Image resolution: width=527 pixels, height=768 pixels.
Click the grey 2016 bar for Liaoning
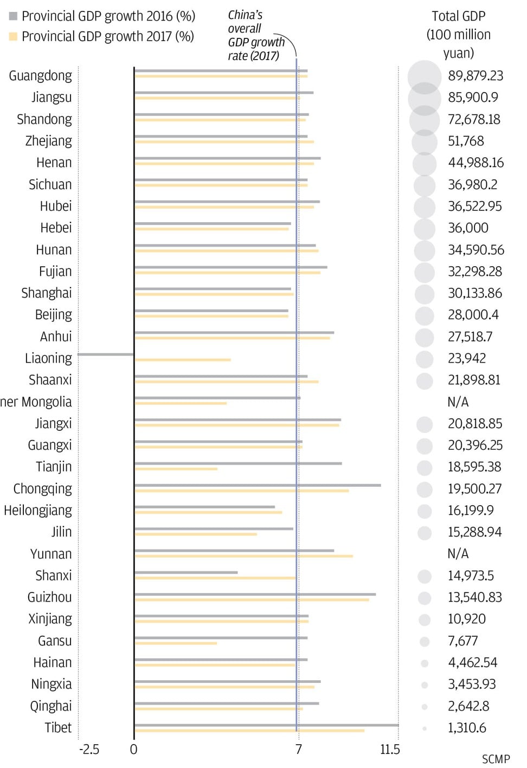click(x=106, y=354)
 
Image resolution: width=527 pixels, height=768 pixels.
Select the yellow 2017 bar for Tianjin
click(x=176, y=469)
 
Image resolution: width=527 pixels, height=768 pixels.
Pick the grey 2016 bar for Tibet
click(x=266, y=725)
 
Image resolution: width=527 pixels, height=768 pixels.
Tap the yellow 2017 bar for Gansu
click(x=176, y=643)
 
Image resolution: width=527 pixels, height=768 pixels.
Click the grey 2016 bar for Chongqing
click(x=258, y=485)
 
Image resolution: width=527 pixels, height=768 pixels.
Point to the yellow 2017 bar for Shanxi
click(x=215, y=578)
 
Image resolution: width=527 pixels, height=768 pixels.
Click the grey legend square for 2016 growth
click(x=14, y=16)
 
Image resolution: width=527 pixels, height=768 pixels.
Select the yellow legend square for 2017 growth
click(x=14, y=37)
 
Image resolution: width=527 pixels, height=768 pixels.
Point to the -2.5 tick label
click(x=89, y=750)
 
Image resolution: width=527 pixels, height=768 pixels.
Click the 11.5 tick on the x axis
click(x=390, y=750)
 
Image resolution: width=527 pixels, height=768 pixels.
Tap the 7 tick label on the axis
click(x=298, y=750)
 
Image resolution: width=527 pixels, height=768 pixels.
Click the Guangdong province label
click(x=41, y=76)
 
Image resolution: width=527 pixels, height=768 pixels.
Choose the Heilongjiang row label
click(x=38, y=511)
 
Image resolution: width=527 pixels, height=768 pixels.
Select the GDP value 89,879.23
click(x=475, y=76)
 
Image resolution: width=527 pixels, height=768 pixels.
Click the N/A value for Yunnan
click(x=458, y=554)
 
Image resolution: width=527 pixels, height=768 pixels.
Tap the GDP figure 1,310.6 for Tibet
click(x=467, y=728)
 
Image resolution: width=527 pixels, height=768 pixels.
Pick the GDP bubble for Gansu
click(x=425, y=642)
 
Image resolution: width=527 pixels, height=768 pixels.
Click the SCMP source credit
click(x=496, y=759)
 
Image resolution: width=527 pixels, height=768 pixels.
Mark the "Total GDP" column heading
click(x=459, y=16)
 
